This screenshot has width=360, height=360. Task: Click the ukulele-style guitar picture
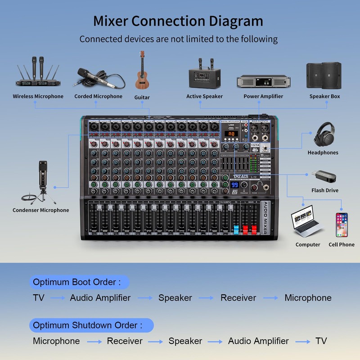[142, 72]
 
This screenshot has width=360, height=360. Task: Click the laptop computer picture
[307, 221]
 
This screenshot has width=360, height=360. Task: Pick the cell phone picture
[341, 224]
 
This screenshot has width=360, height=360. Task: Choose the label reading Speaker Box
[324, 96]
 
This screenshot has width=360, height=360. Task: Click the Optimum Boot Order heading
[77, 283]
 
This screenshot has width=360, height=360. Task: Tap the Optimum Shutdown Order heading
[88, 325]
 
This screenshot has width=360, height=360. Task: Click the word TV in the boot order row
[39, 298]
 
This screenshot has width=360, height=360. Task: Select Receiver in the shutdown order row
[124, 341]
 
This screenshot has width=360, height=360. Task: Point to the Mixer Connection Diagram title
[178, 21]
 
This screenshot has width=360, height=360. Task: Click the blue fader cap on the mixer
[235, 230]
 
